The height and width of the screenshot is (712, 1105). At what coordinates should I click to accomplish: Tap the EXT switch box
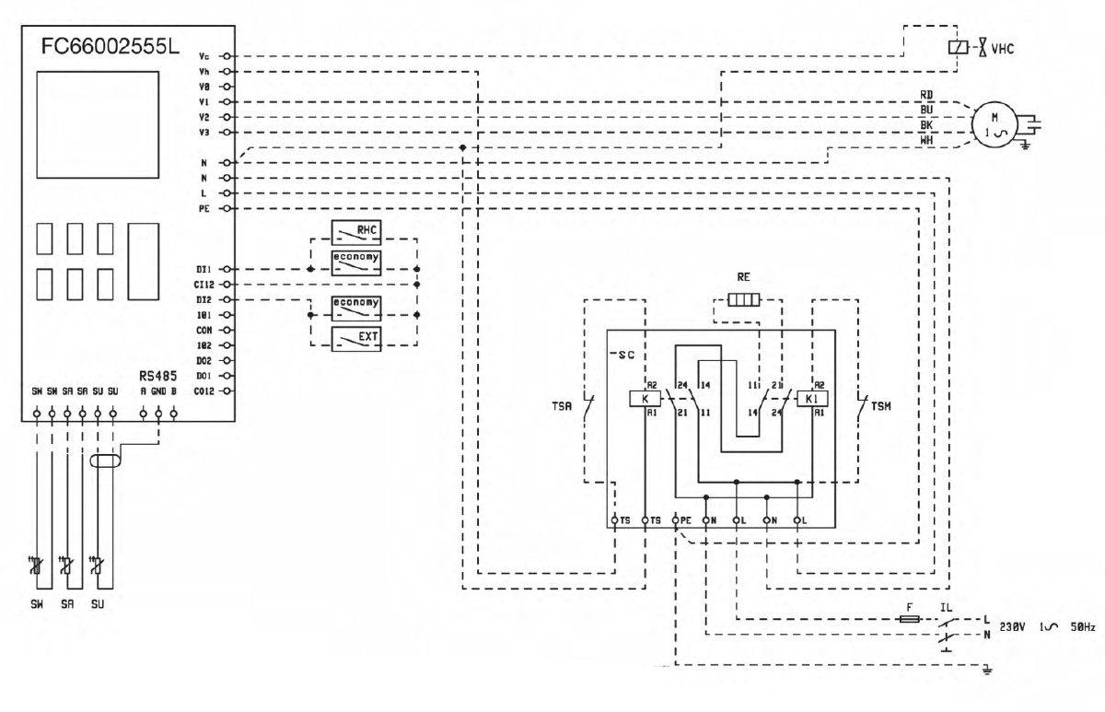355,336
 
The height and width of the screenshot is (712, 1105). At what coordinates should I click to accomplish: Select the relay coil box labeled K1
811,399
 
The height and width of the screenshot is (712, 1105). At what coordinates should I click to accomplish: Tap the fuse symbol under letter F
908,620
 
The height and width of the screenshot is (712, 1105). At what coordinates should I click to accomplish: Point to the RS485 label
157,376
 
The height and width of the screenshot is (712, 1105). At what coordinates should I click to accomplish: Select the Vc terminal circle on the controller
225,56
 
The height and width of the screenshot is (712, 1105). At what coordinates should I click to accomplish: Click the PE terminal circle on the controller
225,209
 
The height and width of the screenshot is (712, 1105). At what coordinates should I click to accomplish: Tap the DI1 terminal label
204,269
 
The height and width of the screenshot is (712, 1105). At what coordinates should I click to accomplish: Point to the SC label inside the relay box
627,354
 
